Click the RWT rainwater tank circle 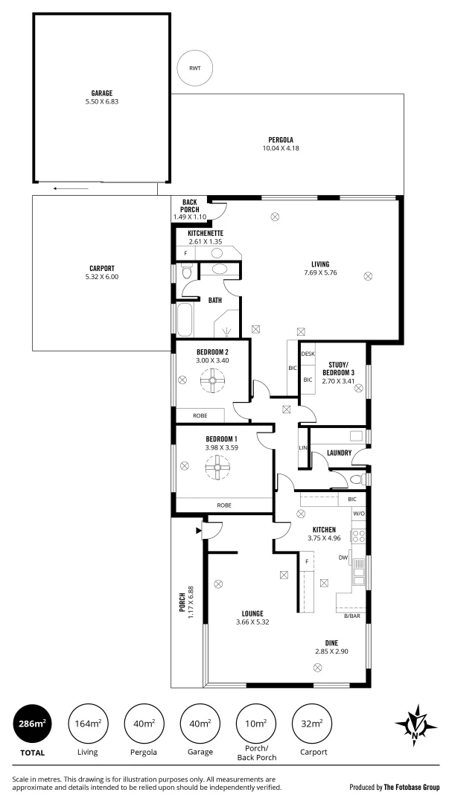pyautogui.click(x=194, y=68)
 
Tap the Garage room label pyautogui.click(x=102, y=94)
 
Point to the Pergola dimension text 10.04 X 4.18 pyautogui.click(x=281, y=148)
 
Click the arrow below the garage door pyautogui.click(x=71, y=188)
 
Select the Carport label pyautogui.click(x=102, y=268)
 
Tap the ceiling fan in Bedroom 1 pyautogui.click(x=221, y=469)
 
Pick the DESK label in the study pyautogui.click(x=308, y=354)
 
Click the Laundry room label pyautogui.click(x=339, y=452)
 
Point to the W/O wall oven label pyautogui.click(x=358, y=514)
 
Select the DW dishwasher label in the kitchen pyautogui.click(x=343, y=557)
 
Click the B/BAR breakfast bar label pyautogui.click(x=351, y=616)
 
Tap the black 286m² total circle pyautogui.click(x=32, y=723)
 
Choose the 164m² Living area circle pyautogui.click(x=88, y=723)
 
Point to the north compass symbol pyautogui.click(x=414, y=724)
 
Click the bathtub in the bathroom pyautogui.click(x=184, y=320)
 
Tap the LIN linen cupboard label pyautogui.click(x=302, y=448)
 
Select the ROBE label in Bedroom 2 pyautogui.click(x=200, y=415)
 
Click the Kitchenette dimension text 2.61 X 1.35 pyautogui.click(x=206, y=241)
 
